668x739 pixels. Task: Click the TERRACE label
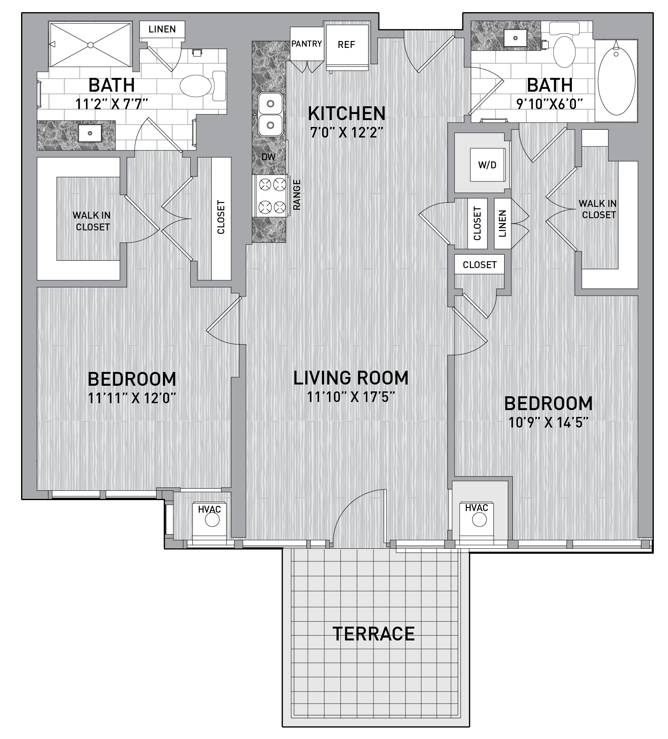click(374, 634)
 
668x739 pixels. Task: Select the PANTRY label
click(307, 43)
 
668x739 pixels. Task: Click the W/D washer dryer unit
click(487, 165)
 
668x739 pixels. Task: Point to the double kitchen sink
click(271, 114)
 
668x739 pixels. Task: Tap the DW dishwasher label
click(268, 157)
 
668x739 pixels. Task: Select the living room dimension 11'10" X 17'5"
click(351, 397)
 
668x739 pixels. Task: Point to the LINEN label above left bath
click(162, 29)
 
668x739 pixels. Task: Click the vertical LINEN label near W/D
click(502, 223)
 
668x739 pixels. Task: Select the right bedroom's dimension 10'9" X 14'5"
click(548, 423)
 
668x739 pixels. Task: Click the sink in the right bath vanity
click(515, 38)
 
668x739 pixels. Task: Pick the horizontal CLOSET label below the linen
click(479, 265)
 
